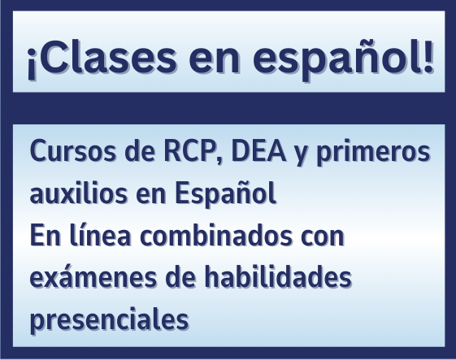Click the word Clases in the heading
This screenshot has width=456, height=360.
[x=106, y=58]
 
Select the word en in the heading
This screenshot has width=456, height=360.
[x=215, y=62]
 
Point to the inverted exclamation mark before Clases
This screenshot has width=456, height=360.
[x=31, y=63]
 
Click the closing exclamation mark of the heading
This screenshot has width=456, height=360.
[x=428, y=56]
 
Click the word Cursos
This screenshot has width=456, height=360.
[x=73, y=151]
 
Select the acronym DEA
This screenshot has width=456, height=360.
[x=258, y=150]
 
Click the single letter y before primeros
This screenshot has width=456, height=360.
[x=302, y=154]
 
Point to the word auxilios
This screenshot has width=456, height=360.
[x=79, y=193]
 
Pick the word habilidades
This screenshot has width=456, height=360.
[x=278, y=277]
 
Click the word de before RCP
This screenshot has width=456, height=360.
[x=140, y=151]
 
